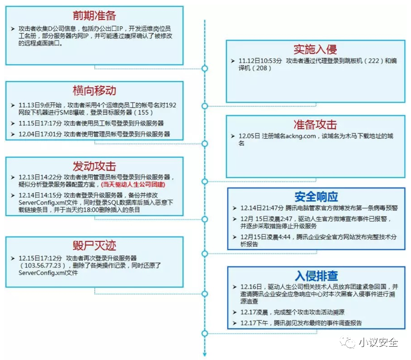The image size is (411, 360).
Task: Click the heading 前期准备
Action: coord(94,15)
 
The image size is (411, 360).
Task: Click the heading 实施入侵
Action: coord(315,49)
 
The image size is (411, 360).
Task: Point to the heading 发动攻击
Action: coord(94,166)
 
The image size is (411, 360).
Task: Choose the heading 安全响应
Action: coord(316,196)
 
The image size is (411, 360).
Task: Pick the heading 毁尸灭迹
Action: coord(94,246)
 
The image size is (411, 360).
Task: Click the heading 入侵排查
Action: coord(316,275)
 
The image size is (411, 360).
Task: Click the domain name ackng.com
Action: coord(293,136)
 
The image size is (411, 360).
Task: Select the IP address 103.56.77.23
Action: coord(42,266)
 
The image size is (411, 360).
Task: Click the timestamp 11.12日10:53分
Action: coord(260,60)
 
